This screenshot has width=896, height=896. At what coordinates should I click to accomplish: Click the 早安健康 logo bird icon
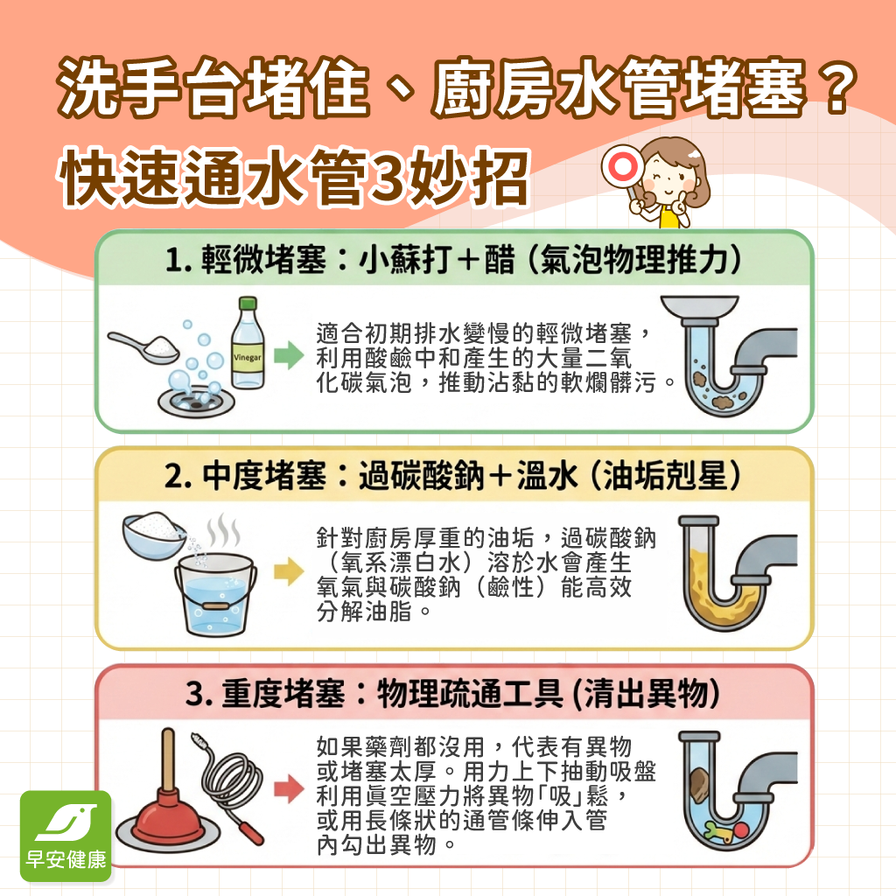click(x=66, y=822)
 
